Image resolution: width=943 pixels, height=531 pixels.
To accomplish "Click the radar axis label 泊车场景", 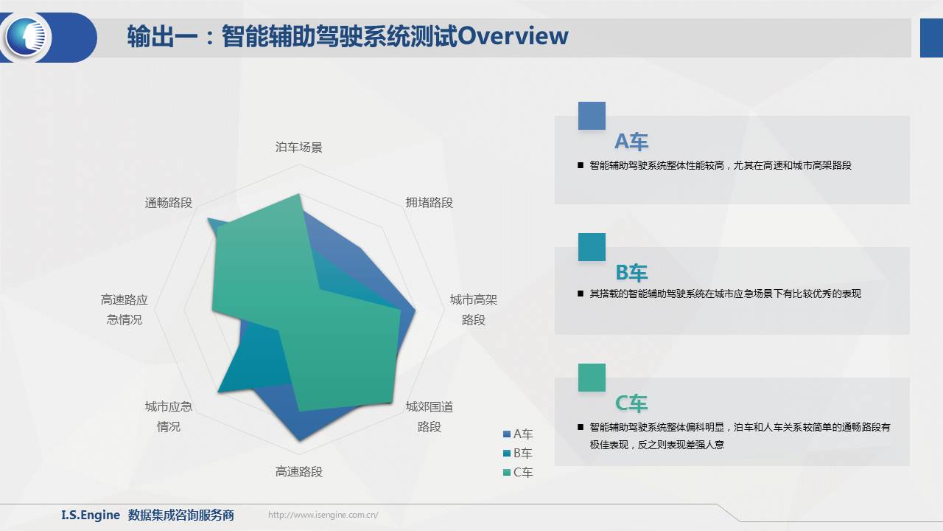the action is [299, 147].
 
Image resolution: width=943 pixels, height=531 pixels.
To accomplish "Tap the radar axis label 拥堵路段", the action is [429, 203].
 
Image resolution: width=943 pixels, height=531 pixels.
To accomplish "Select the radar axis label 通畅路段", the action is [169, 203].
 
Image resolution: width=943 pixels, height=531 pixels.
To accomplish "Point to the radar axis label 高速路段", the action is [299, 471].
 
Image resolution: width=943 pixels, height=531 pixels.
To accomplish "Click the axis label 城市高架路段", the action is [474, 310].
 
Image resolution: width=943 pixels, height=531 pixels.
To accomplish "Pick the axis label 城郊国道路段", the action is [429, 417].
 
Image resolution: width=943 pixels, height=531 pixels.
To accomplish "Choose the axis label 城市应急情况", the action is [169, 417].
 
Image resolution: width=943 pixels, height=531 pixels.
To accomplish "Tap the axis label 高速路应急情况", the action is [125, 310].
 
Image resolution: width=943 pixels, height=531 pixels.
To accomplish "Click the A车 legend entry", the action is [518, 434].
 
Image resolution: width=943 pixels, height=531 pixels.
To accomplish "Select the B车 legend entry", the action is [518, 453].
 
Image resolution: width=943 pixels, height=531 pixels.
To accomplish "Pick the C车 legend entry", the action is [518, 473].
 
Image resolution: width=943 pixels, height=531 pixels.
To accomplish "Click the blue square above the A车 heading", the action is [592, 116].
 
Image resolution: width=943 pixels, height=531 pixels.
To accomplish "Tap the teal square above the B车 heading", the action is [592, 247].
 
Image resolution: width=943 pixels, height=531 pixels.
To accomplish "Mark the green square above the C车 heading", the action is [592, 378].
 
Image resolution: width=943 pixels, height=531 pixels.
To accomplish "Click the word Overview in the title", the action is [513, 36].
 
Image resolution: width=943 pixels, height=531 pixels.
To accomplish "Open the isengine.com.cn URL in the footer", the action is [323, 515].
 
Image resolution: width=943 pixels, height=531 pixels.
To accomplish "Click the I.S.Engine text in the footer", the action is [91, 515].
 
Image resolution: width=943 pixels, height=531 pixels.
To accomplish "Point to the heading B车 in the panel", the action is [631, 273].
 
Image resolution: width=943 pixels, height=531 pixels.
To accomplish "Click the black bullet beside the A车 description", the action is [581, 166].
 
